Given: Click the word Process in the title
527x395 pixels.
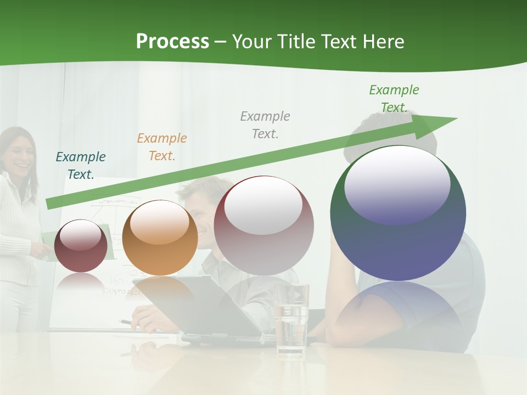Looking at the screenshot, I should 172,42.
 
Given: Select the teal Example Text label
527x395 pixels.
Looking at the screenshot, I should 81,165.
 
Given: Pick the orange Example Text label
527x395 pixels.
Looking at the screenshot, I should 162,146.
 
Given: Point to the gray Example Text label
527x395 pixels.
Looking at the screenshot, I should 265,125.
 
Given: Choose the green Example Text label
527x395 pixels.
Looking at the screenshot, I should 394,98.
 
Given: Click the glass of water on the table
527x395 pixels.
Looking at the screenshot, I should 291,318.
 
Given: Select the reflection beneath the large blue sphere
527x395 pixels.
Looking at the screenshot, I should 398,310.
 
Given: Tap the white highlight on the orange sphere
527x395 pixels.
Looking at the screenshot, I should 160,223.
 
